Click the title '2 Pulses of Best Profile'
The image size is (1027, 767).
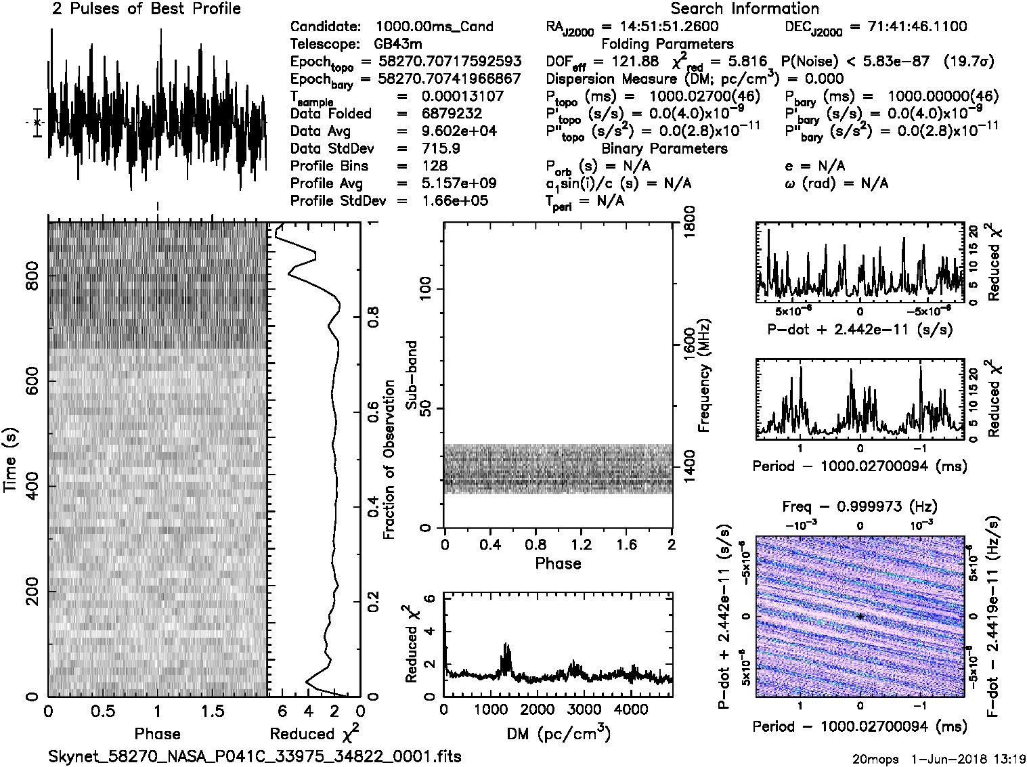coord(146,9)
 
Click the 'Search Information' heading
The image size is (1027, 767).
coord(744,9)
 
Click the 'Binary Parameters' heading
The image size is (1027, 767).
coord(664,148)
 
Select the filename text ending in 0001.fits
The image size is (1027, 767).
coord(255,755)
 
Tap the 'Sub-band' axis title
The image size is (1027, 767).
coord(411,374)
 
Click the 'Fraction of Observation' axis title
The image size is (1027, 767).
coord(389,460)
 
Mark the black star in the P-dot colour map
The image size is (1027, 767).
coord(860,616)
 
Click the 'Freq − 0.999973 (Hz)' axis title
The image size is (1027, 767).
coord(860,506)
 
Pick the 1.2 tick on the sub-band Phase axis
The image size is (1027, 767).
coord(581,545)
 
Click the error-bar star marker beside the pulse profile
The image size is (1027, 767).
coord(37,123)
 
